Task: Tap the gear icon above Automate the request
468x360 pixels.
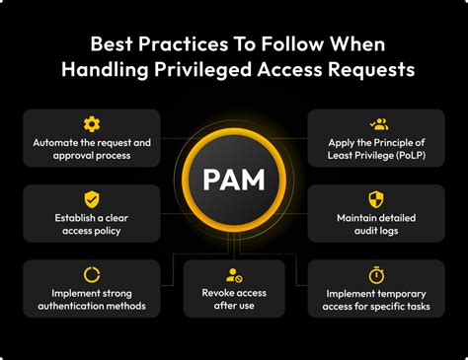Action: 92,124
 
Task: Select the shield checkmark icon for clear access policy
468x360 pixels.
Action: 92,198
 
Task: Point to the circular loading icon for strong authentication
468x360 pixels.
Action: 92,274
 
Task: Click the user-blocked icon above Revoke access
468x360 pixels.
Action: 234,275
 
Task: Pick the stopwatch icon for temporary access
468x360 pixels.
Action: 375,274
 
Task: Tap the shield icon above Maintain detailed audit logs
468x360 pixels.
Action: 375,198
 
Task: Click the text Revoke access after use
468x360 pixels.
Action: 234,300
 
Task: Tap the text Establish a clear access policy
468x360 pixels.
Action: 92,225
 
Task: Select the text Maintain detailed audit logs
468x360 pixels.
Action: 375,224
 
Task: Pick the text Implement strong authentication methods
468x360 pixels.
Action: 92,300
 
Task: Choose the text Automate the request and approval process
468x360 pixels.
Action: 92,150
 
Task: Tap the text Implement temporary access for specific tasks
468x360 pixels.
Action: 375,300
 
